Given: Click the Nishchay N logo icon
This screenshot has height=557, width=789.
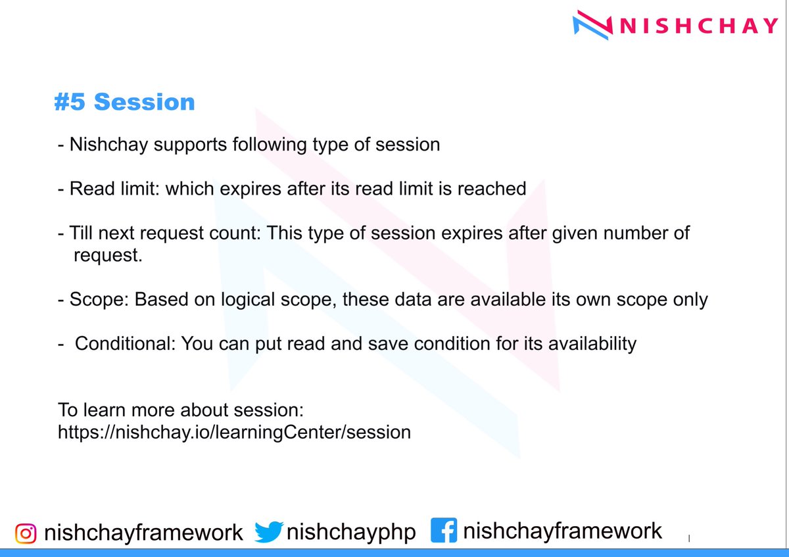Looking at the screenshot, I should coord(592,25).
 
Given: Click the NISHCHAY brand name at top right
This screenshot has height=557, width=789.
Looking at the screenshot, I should coord(699,26).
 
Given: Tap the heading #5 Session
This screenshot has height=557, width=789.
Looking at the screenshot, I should coord(124,102).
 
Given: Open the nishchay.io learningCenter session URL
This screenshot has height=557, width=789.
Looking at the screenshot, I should coord(234,432).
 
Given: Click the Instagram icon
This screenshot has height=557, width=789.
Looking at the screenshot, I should coord(26,532).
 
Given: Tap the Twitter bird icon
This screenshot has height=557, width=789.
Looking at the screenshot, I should coord(268,531).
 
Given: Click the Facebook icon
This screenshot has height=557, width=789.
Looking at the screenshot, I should coord(443,530).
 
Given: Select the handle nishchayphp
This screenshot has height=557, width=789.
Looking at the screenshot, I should coord(352,532).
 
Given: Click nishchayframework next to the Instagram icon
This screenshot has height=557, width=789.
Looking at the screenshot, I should coord(143,532).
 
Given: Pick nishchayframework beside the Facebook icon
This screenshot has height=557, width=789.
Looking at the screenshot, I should coord(562,531).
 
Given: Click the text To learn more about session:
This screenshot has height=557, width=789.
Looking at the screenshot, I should coord(181,410).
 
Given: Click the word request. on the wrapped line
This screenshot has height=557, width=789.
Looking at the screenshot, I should coord(108,255).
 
